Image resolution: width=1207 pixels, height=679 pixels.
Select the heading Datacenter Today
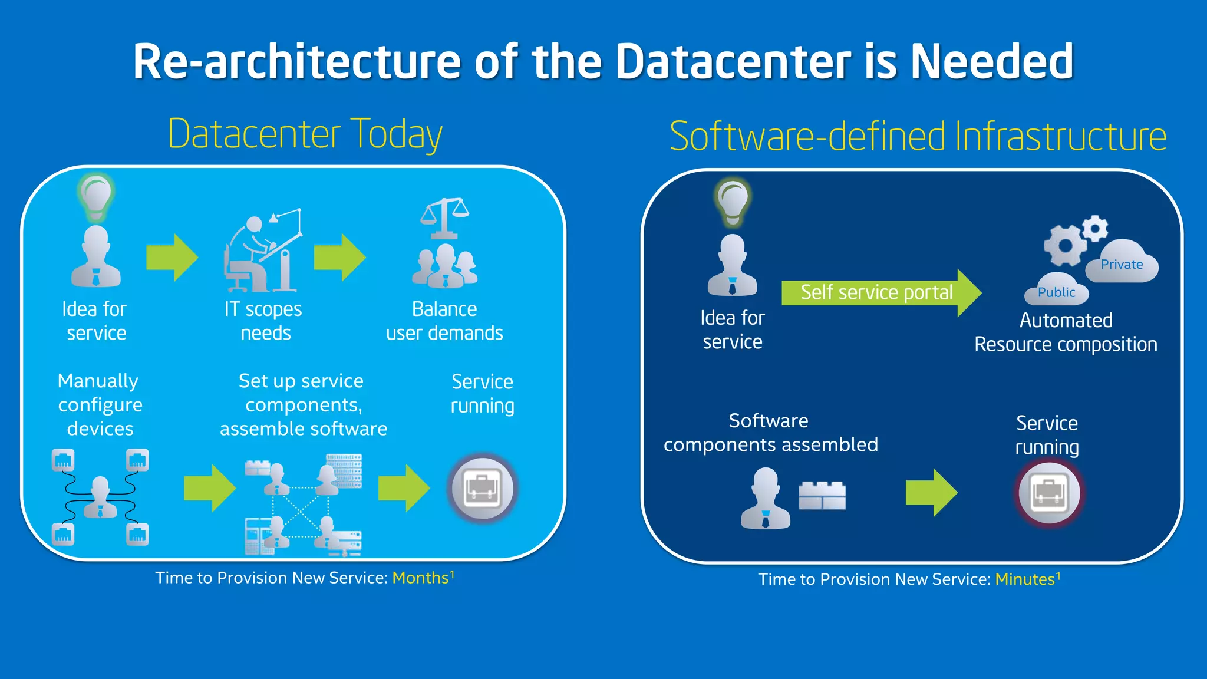pyautogui.click(x=305, y=134)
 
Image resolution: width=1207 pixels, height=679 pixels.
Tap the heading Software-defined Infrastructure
pyautogui.click(x=918, y=137)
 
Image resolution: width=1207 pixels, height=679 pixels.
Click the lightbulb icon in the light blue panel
pyautogui.click(x=95, y=195)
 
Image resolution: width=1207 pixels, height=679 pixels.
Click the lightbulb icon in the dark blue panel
pyautogui.click(x=732, y=201)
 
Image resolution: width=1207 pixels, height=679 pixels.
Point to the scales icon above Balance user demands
pyautogui.click(x=445, y=217)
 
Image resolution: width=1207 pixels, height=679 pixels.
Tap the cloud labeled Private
pyautogui.click(x=1122, y=263)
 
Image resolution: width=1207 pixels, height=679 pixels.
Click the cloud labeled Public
pyautogui.click(x=1056, y=291)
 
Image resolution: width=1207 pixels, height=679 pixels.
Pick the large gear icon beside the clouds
pyautogui.click(x=1064, y=245)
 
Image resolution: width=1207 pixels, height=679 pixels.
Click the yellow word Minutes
pyautogui.click(x=1025, y=579)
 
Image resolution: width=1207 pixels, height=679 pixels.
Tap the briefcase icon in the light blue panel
pyautogui.click(x=482, y=489)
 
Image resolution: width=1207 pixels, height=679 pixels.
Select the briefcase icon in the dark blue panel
pyautogui.click(x=1048, y=493)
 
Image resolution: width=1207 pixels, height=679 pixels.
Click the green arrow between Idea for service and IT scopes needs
pyautogui.click(x=172, y=258)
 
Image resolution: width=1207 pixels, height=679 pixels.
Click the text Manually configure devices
pyautogui.click(x=99, y=404)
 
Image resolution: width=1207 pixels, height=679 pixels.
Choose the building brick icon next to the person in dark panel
pyautogui.click(x=822, y=495)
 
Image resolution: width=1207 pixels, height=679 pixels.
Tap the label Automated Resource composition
pyautogui.click(x=1066, y=332)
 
